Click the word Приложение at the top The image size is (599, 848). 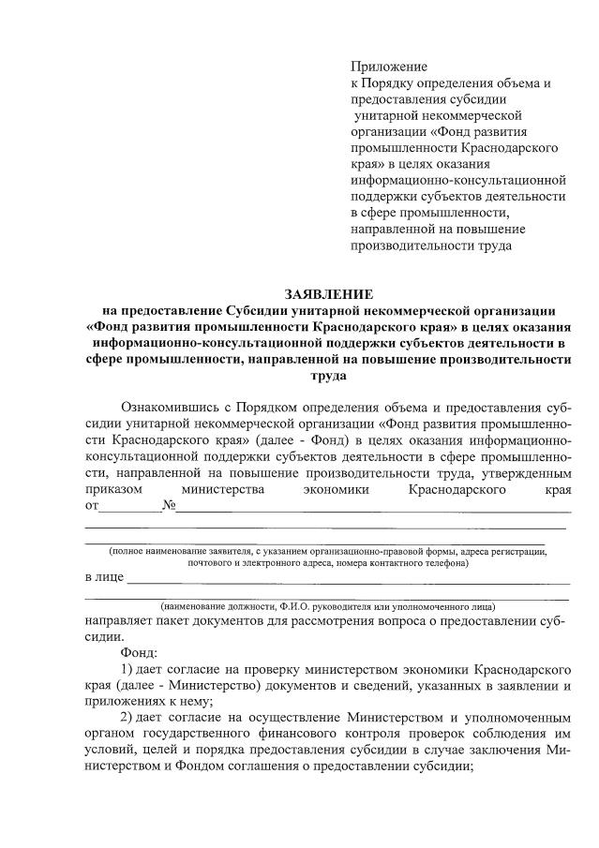388,67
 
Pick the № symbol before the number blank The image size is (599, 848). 170,507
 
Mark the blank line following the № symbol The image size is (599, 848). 375,511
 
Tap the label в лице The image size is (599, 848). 104,575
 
